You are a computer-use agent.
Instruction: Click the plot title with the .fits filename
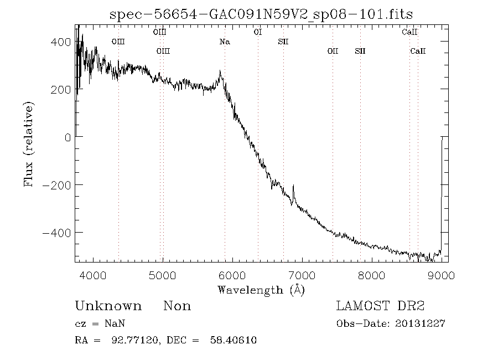pyautogui.click(x=261, y=14)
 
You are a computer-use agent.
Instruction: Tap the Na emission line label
pyautogui.click(x=225, y=42)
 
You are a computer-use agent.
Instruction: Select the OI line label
pyautogui.click(x=258, y=32)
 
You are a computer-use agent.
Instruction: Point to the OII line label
pyautogui.click(x=333, y=51)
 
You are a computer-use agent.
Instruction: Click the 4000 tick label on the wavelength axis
pyautogui.click(x=93, y=275)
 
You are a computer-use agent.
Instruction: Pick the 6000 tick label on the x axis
pyautogui.click(x=232, y=275)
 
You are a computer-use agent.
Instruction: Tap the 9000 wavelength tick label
pyautogui.click(x=441, y=275)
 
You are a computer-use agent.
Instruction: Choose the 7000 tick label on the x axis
pyautogui.click(x=302, y=275)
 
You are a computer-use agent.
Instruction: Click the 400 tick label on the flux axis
pyautogui.click(x=61, y=42)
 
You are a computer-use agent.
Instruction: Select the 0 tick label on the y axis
pyautogui.click(x=68, y=137)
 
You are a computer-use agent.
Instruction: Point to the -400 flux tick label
pyautogui.click(x=57, y=233)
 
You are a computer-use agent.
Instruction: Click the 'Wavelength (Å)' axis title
pyautogui.click(x=261, y=290)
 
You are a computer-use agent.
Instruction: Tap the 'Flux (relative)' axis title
pyautogui.click(x=28, y=144)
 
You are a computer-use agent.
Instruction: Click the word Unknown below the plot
pyautogui.click(x=108, y=306)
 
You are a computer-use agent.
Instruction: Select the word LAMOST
pyautogui.click(x=362, y=306)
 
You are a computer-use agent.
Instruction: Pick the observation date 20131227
pyautogui.click(x=420, y=324)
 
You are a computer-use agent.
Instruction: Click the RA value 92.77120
pyautogui.click(x=134, y=340)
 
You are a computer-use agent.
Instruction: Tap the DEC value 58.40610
pyautogui.click(x=234, y=340)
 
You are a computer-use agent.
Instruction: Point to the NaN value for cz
pyautogui.click(x=115, y=324)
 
